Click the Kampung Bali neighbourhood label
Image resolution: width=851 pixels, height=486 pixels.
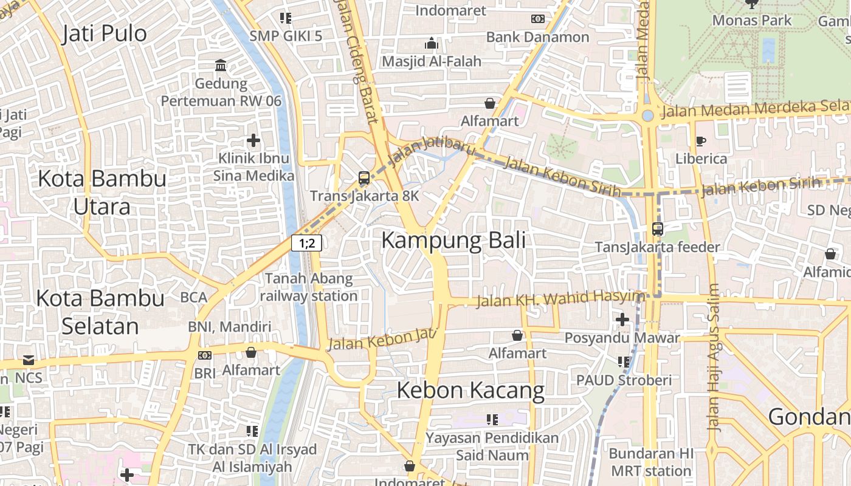453,241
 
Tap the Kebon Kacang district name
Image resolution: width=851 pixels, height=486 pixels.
470,390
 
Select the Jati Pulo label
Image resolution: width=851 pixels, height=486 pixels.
105,33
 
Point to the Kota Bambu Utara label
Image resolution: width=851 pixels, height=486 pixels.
102,192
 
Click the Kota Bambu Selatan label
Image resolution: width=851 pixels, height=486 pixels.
100,312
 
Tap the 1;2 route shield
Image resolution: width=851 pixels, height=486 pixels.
306,244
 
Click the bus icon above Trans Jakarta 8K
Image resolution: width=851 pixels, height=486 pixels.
364,178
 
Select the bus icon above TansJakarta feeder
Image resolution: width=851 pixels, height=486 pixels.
657,229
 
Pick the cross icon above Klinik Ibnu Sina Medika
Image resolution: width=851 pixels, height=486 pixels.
253,141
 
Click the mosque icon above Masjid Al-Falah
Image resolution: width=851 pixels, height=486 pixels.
432,43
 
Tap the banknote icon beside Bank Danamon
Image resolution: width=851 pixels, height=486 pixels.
538,19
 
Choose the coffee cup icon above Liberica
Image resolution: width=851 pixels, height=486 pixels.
701,141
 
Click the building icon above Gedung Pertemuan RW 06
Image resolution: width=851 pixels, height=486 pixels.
221,65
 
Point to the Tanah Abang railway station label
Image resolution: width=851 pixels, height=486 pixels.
309,287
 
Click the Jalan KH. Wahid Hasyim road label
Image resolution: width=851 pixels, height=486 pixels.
559,298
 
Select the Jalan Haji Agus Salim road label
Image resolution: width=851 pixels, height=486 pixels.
714,357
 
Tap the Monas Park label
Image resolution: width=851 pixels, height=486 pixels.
752,20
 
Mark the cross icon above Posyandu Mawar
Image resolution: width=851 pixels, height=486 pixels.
622,319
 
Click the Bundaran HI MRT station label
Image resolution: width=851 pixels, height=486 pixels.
650,462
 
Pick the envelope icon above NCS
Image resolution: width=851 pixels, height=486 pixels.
28,360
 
